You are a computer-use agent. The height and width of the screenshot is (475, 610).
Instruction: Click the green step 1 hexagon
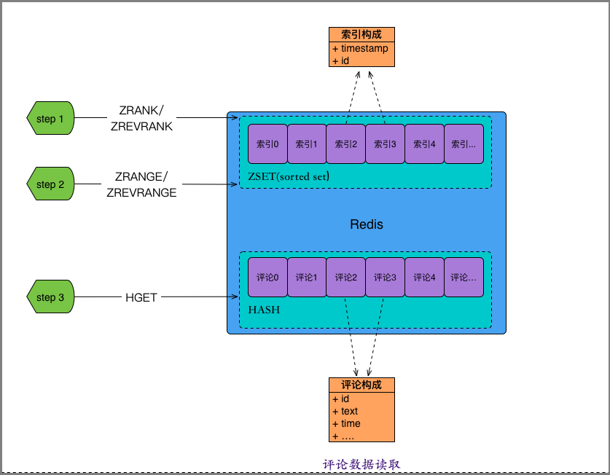(x=51, y=118)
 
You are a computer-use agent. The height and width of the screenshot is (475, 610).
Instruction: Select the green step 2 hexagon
(x=51, y=184)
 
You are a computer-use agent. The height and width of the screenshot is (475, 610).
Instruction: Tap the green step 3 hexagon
(x=51, y=297)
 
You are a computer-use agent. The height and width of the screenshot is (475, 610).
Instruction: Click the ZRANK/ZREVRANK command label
(x=141, y=118)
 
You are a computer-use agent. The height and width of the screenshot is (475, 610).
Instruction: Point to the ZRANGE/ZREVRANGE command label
(x=141, y=184)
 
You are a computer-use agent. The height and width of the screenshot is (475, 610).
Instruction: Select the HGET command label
(x=141, y=297)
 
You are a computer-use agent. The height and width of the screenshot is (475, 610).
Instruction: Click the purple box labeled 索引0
(x=267, y=144)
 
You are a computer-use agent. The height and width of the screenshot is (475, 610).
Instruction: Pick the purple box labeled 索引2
(x=345, y=144)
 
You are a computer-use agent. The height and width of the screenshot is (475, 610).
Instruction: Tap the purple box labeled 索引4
(x=423, y=144)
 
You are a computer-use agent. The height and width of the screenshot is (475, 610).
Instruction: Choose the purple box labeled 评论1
(x=306, y=278)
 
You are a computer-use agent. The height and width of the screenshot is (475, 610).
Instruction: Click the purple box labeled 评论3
(x=384, y=278)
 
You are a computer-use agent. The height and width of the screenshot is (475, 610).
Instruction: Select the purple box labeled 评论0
(x=267, y=278)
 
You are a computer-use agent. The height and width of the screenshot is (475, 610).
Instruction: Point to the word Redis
(x=366, y=224)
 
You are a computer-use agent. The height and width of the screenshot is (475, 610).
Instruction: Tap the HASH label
(x=264, y=310)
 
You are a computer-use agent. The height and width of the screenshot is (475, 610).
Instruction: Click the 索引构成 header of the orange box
(x=361, y=34)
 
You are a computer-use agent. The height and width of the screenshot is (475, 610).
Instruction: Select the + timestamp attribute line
(x=360, y=49)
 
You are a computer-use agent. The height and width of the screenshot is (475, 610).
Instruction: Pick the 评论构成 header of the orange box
(x=361, y=385)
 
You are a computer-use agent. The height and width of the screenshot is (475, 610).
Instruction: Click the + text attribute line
(x=345, y=412)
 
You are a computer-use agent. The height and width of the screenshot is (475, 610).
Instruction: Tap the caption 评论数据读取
(x=361, y=464)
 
